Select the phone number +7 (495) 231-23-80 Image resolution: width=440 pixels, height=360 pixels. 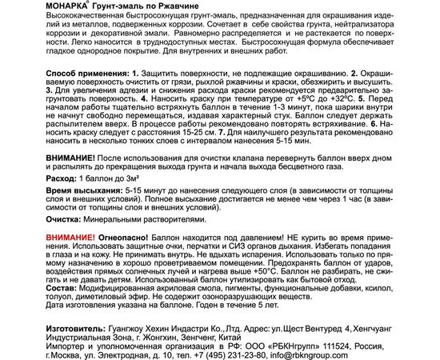coord(261,353)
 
